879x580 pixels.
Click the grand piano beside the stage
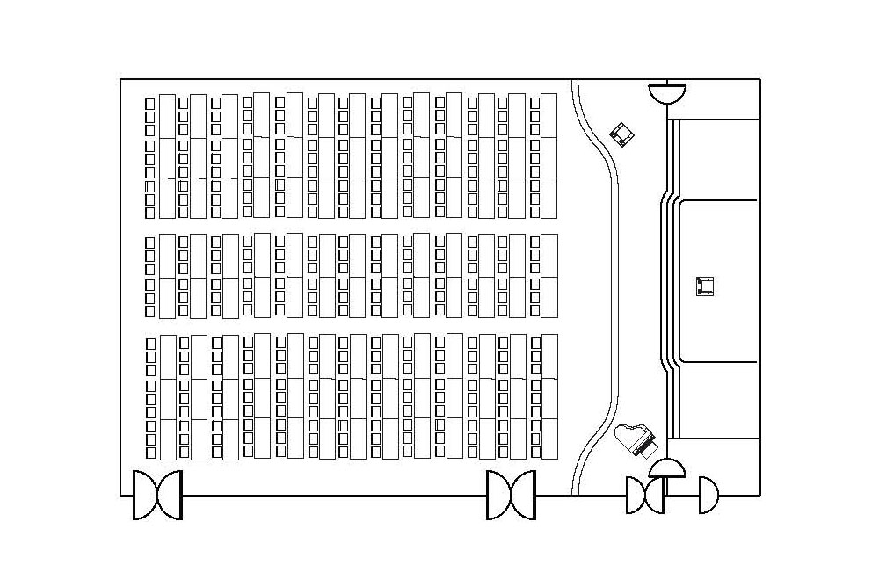[x=636, y=439]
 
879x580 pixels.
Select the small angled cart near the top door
[x=623, y=134]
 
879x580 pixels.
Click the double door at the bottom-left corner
[x=157, y=495]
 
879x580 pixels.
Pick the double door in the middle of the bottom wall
[x=511, y=495]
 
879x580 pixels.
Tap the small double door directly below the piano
[x=645, y=496]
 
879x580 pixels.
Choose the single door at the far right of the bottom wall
[x=708, y=496]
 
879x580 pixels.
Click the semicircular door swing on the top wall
[x=667, y=91]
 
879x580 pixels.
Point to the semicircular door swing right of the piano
[x=667, y=468]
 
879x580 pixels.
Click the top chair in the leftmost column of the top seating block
[x=150, y=104]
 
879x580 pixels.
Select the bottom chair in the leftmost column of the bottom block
[x=150, y=453]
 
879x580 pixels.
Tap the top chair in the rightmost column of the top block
[x=534, y=103]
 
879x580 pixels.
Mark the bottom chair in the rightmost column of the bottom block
[x=534, y=451]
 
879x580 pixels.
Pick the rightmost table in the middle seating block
[x=549, y=276]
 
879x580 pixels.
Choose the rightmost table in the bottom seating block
[x=549, y=396]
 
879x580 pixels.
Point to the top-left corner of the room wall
[x=120, y=80]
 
